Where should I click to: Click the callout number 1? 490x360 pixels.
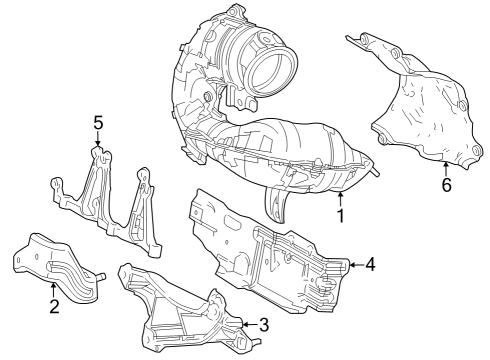pyautogui.click(x=340, y=214)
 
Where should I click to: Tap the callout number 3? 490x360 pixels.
pyautogui.click(x=263, y=324)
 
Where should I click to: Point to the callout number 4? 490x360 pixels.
pyautogui.click(x=370, y=265)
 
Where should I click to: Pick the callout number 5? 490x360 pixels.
pyautogui.click(x=98, y=123)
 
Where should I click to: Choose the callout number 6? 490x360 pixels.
pyautogui.click(x=446, y=184)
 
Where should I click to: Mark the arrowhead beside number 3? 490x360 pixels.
pyautogui.click(x=243, y=323)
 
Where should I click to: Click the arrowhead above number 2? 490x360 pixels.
pyautogui.click(x=54, y=284)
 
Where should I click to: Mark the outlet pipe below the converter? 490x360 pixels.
pyautogui.click(x=276, y=206)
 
